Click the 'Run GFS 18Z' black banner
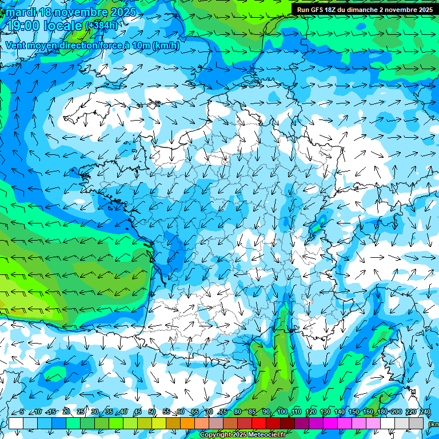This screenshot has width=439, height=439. click(364, 10)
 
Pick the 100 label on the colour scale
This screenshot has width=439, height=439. click(282, 412)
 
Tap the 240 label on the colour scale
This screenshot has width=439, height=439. click(425, 412)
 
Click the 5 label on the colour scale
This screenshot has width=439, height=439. click(21, 412)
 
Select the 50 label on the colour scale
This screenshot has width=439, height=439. click(152, 412)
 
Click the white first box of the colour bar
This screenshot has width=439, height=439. click(16, 423)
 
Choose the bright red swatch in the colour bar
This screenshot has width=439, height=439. click(259, 423)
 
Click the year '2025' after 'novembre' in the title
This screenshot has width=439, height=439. click(123, 12)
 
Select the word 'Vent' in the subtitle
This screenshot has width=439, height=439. click(17, 46)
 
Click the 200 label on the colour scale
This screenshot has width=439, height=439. click(396, 412)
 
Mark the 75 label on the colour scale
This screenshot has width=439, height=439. click(224, 412)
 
